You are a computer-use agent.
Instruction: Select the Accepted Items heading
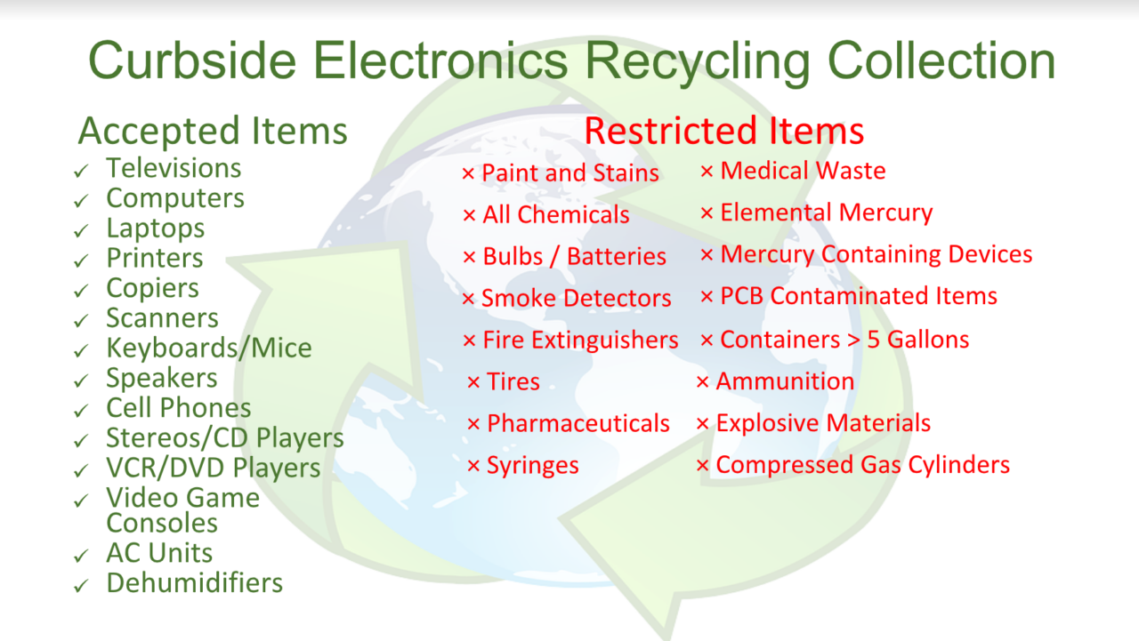213,132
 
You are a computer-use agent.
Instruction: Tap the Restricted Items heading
723,132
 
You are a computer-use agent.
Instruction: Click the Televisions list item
174,168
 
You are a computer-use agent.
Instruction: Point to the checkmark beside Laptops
82,230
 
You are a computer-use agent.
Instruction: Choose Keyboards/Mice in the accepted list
209,348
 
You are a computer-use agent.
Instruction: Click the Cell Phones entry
179,408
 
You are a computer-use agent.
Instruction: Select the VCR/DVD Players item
213,468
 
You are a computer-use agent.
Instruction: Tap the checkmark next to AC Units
82,556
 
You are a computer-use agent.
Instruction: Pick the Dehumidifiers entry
194,583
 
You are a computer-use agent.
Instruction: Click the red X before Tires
473,383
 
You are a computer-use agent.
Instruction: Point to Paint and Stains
569,173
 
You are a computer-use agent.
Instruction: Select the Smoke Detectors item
576,299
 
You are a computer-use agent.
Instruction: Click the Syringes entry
532,466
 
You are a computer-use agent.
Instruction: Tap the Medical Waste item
803,171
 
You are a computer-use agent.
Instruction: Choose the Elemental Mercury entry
826,213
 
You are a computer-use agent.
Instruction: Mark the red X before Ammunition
702,382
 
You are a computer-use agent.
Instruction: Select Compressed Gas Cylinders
862,465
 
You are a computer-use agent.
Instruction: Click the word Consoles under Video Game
162,523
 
